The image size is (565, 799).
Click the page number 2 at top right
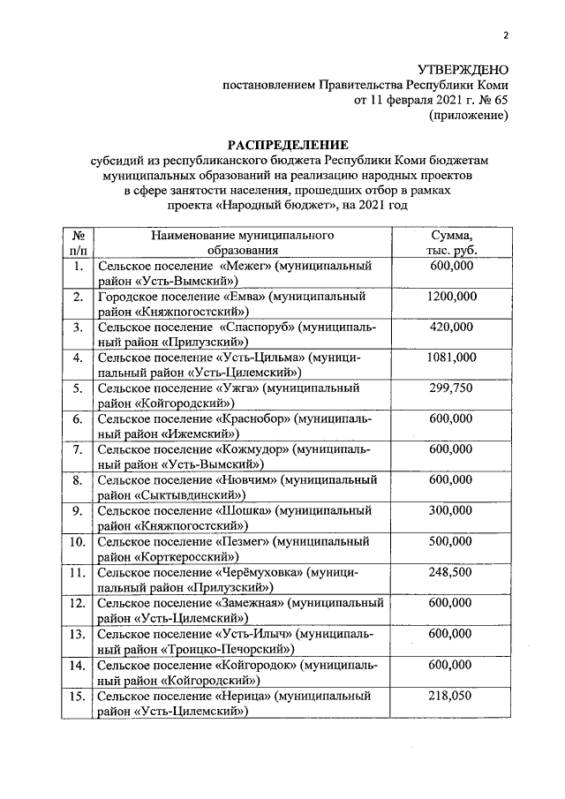[507, 35]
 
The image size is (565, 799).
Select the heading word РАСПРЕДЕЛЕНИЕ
[289, 145]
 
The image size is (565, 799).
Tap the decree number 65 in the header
[501, 100]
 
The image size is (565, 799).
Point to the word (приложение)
[469, 115]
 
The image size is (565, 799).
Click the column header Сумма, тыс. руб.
[451, 243]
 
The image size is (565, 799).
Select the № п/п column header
[79, 243]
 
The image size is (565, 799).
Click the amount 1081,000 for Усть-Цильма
[451, 357]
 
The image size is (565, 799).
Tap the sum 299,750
[451, 388]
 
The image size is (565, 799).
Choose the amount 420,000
[451, 327]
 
